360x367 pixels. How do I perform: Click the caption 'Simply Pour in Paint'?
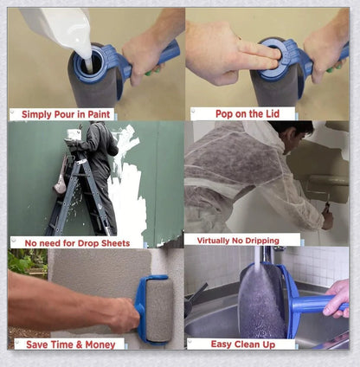pyautogui.click(x=61, y=113)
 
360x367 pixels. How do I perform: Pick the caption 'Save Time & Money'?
pyautogui.click(x=69, y=344)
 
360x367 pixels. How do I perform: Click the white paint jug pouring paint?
pyautogui.click(x=52, y=26)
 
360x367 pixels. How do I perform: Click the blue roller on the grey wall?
pyautogui.click(x=156, y=307)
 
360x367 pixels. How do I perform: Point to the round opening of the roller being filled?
pyautogui.click(x=87, y=61)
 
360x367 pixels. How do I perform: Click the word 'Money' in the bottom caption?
pyautogui.click(x=102, y=344)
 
